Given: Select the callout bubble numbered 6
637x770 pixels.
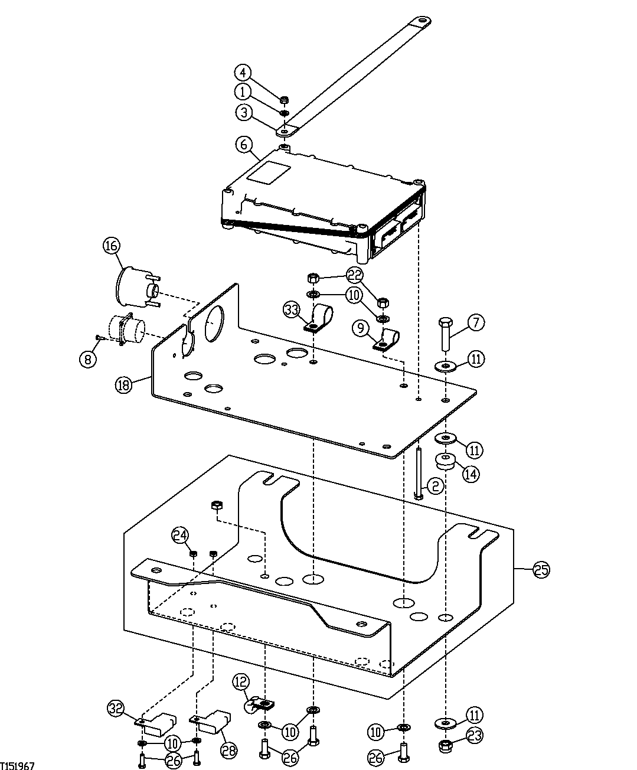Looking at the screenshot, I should coord(243,144).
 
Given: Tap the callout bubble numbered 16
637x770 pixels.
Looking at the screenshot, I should coord(112,246).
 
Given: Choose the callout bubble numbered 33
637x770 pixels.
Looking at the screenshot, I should coord(291,309).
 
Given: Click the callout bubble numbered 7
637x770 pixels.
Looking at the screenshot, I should coord(476,322).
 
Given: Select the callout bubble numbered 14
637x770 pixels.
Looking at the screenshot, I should coord(471,474).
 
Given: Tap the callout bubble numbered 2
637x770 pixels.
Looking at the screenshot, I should coord(434,486).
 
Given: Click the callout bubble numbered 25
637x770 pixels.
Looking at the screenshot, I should coord(541,570).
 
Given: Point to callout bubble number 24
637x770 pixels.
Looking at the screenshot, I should coord(180,536).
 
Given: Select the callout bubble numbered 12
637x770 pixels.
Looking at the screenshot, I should coord(240,681).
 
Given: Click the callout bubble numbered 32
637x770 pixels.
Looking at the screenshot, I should coord(115,707).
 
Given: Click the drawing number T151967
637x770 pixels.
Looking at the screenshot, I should coord(18,765).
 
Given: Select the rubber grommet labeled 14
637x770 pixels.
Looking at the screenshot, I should coord(446,461).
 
